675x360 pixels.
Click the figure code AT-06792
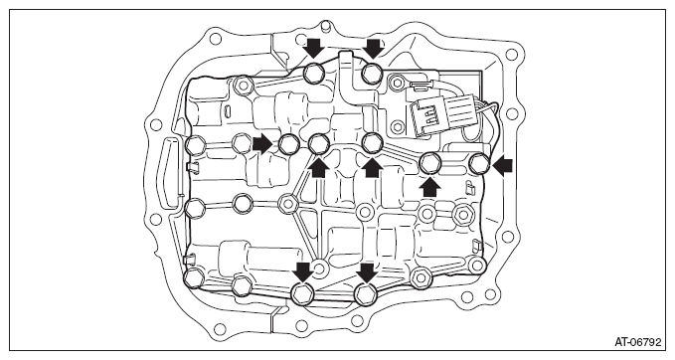click(637, 343)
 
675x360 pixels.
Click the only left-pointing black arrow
click(502, 166)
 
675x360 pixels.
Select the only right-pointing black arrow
click(262, 144)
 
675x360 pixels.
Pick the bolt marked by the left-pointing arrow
click(478, 164)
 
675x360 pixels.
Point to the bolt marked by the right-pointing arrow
click(289, 144)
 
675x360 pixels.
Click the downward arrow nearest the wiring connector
click(373, 48)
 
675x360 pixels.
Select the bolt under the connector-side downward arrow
click(372, 74)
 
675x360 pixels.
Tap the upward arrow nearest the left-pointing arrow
click(429, 187)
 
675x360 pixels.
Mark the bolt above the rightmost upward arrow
click(429, 163)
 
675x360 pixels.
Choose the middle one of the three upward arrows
click(372, 167)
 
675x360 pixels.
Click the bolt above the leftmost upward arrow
click(319, 143)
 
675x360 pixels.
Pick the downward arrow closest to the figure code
click(367, 273)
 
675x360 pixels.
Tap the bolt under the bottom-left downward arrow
click(302, 294)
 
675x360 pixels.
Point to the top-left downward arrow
click(314, 48)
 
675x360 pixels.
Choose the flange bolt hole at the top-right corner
click(511, 55)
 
